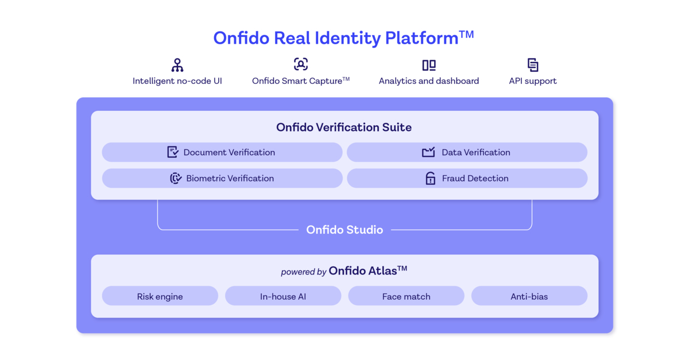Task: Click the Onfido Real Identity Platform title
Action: (343, 38)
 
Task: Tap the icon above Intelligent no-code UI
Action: (177, 65)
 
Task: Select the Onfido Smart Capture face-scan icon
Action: (301, 64)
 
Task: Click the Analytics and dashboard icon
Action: (429, 65)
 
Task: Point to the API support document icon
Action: (533, 65)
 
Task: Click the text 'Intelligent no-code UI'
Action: (177, 81)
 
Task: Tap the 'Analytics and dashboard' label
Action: (429, 81)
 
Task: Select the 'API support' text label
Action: (533, 81)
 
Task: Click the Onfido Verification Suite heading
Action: (344, 127)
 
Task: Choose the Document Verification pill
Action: (222, 152)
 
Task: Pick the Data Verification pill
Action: (467, 152)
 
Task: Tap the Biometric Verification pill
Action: (222, 178)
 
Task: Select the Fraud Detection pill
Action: (467, 178)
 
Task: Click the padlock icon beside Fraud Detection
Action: (430, 179)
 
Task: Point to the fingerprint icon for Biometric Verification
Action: (176, 179)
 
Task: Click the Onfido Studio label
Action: (344, 230)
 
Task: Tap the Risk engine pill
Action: (160, 296)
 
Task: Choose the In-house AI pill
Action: (283, 296)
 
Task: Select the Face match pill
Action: (406, 296)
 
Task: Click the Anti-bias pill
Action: (529, 296)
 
